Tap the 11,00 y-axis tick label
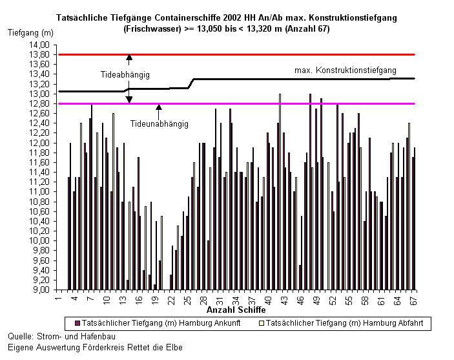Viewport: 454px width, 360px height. (39, 191)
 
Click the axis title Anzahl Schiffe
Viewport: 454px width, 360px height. (236, 310)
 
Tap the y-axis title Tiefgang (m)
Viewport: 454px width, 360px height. (30, 32)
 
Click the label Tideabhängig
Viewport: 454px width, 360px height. (125, 75)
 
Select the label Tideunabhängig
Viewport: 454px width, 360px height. (160, 123)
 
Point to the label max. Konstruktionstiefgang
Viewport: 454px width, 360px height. (346, 70)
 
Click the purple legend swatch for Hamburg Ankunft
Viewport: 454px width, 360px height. (77, 323)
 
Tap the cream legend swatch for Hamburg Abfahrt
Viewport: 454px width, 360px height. (262, 323)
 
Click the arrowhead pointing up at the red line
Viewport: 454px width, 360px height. (129, 57)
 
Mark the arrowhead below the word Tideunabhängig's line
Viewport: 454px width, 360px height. (159, 107)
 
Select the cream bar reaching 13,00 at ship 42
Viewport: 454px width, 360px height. (280, 191)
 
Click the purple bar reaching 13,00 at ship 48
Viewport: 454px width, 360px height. (310, 191)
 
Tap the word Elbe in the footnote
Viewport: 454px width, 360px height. (174, 347)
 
